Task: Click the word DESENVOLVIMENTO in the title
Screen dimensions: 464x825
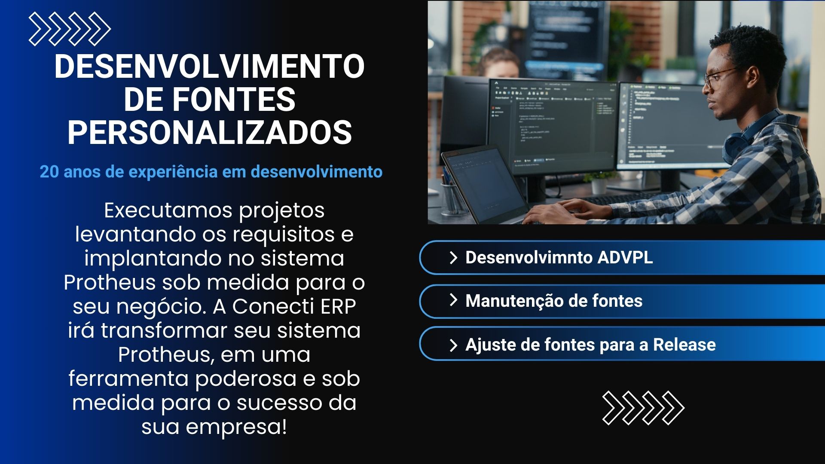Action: pos(210,67)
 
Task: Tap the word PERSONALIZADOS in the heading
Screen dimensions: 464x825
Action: pos(210,132)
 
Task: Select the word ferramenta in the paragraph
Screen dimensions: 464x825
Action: pos(128,379)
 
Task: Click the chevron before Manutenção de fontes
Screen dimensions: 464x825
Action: pos(453,300)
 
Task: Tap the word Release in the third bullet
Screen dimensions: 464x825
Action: pos(684,345)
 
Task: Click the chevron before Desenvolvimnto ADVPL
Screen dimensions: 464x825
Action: pos(453,258)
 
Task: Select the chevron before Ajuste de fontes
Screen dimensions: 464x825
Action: pos(453,345)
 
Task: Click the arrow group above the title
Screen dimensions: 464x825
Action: pos(70,29)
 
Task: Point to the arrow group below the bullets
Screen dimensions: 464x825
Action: pos(643,408)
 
